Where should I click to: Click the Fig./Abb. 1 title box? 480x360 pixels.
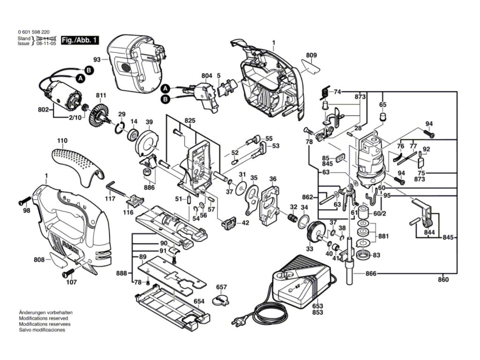pyautogui.click(x=80, y=40)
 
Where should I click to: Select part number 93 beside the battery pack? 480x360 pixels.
pyautogui.click(x=97, y=60)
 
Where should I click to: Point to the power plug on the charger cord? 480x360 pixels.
pyautogui.click(x=238, y=322)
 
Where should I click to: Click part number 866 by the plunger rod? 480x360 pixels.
pyautogui.click(x=371, y=273)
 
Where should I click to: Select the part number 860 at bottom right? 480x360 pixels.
pyautogui.click(x=443, y=279)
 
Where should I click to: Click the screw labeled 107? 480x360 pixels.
pyautogui.click(x=68, y=272)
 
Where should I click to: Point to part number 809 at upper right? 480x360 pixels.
pyautogui.click(x=311, y=55)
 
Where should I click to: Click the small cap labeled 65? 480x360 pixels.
pyautogui.click(x=382, y=117)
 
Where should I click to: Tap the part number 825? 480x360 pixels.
pyautogui.click(x=190, y=120)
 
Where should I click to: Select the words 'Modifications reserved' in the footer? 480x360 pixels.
pyautogui.click(x=44, y=318)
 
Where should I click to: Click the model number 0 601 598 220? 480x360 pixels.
pyautogui.click(x=34, y=32)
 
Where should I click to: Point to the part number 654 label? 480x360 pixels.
pyautogui.click(x=199, y=301)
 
